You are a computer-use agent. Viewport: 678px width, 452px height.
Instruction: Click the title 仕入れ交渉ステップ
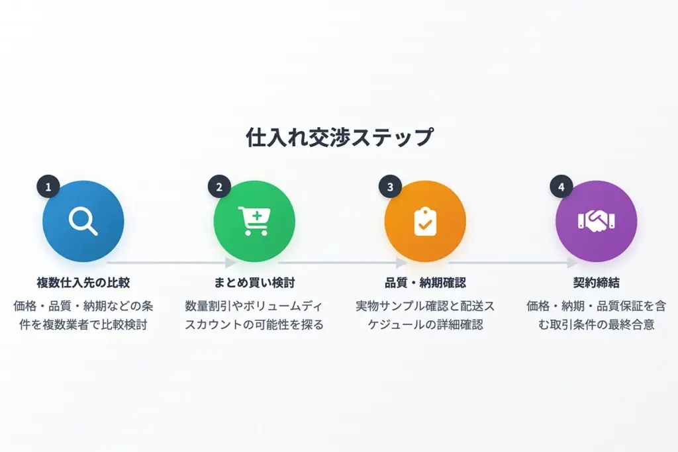339,137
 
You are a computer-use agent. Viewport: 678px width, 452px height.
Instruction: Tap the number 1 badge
48,187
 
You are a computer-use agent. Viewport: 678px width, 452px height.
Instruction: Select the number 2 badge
219,187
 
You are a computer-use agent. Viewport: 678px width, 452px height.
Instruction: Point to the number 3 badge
390,187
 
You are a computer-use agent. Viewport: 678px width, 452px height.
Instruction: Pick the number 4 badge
561,187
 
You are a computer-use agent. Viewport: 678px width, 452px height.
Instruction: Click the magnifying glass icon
83,221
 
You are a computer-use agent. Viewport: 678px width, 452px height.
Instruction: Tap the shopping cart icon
254,221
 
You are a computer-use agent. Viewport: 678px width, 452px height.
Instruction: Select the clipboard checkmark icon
425,221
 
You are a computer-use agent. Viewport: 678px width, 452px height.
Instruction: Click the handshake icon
597,221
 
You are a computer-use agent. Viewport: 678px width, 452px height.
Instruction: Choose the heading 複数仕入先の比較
83,283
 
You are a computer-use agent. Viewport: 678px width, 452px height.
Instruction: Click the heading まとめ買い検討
254,283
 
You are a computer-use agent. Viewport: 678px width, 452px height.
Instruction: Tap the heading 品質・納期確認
425,283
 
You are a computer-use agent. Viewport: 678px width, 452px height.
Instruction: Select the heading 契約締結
597,283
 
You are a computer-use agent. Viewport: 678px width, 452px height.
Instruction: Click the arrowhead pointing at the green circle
230,262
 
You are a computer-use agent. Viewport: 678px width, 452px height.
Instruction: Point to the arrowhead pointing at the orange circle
401,262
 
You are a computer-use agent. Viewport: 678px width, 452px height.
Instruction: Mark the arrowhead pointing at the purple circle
573,262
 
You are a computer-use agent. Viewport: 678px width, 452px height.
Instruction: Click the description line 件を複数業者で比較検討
83,324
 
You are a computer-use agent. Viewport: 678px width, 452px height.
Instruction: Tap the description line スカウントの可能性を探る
254,324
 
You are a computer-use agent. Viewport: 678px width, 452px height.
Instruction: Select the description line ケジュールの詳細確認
425,324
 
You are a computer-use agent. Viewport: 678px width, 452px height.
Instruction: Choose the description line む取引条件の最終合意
597,324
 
